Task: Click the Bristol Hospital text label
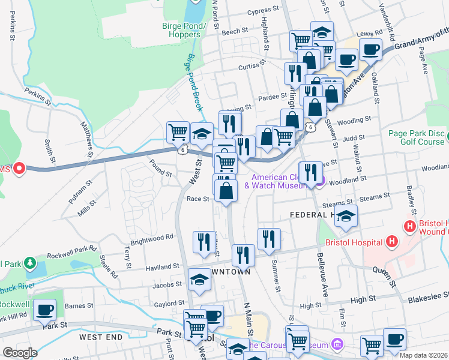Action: coord(354,242)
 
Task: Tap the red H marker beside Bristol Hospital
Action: coord(392,242)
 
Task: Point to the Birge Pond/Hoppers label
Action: coord(184,30)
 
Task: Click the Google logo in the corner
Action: coord(20,352)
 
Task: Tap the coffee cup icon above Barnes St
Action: coord(45,311)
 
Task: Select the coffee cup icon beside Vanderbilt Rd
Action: coord(370,49)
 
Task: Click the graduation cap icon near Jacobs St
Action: coord(200,280)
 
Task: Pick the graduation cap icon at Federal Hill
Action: coord(346,217)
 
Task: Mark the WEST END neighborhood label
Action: coord(100,337)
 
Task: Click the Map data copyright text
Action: coord(423,355)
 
